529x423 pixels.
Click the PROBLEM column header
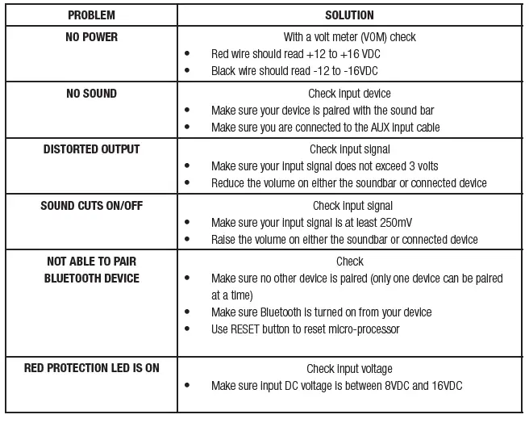pos(91,15)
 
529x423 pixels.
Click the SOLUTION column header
pos(349,15)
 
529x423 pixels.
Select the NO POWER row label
pos(91,37)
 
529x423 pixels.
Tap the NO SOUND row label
pos(91,94)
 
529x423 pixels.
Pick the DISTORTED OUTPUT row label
pos(91,149)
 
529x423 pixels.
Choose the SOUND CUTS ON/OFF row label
pos(91,206)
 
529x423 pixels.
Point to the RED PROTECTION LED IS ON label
pos(91,368)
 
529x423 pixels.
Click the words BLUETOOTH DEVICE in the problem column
pos(91,279)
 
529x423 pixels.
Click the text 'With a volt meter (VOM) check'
pos(349,37)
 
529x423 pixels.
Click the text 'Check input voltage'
pos(349,369)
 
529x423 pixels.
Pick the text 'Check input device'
pos(349,94)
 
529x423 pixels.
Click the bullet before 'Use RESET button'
pos(187,329)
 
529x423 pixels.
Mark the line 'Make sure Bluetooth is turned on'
pos(321,312)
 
